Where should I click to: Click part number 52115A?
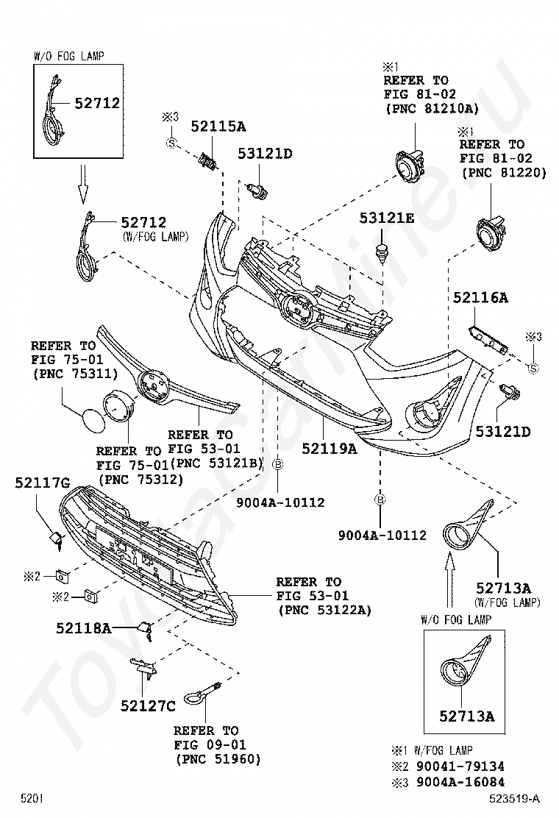[x=218, y=126]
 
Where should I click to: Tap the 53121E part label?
[x=387, y=218]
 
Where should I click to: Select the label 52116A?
[x=480, y=298]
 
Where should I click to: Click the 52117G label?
[x=43, y=483]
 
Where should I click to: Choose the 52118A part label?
[x=84, y=627]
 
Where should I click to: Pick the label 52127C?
[x=148, y=706]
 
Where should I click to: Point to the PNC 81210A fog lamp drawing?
[x=407, y=164]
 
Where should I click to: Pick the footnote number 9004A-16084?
[x=460, y=782]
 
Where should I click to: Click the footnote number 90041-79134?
[x=460, y=767]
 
